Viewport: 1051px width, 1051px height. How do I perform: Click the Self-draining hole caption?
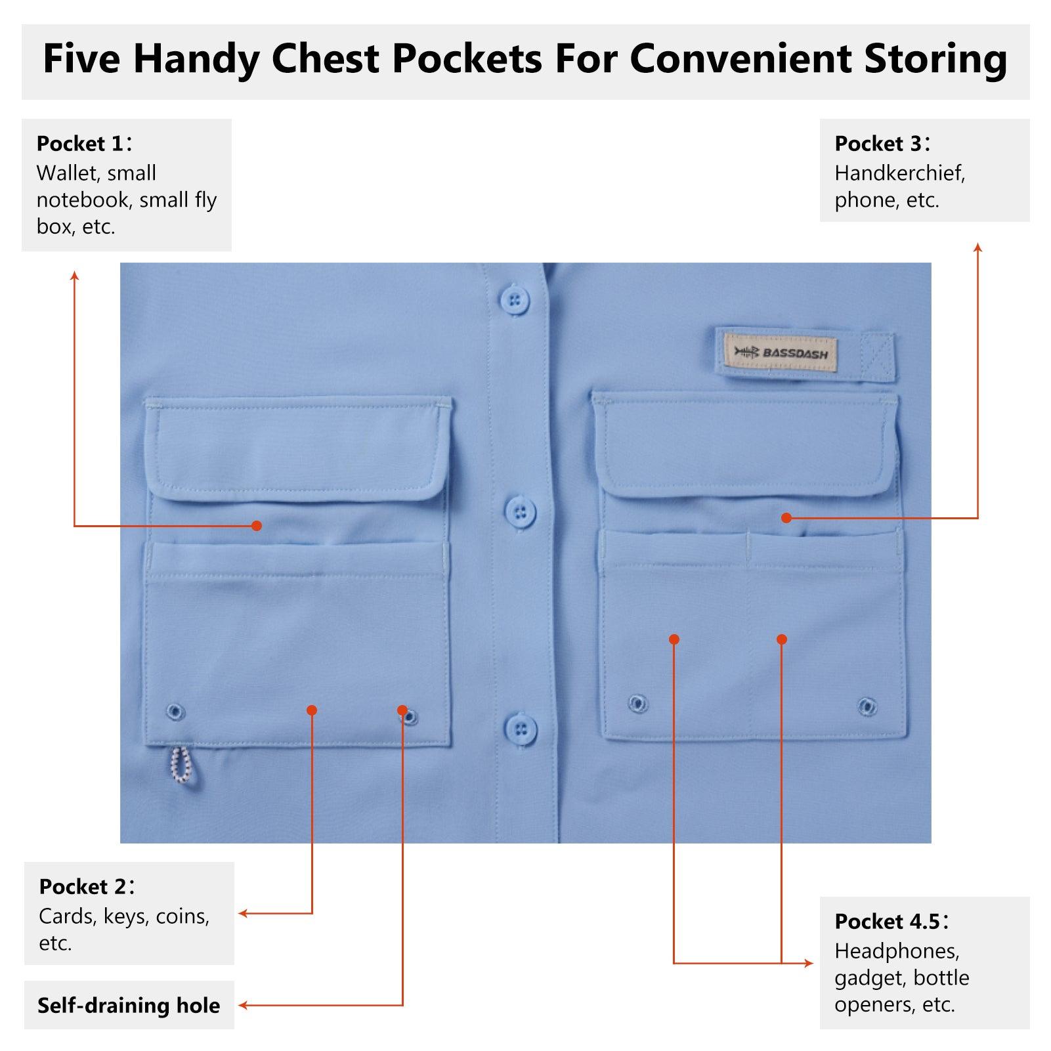(x=129, y=1005)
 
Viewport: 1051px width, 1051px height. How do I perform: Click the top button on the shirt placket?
(x=515, y=301)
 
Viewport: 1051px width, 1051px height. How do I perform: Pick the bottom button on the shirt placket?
(x=521, y=729)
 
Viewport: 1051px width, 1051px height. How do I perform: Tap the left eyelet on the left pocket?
(x=175, y=712)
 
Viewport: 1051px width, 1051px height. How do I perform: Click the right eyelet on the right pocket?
(x=867, y=706)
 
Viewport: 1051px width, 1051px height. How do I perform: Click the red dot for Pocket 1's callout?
(x=257, y=526)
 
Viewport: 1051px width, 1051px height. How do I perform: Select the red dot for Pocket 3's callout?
(x=786, y=518)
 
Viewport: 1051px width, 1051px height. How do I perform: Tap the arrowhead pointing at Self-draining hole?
(x=242, y=1005)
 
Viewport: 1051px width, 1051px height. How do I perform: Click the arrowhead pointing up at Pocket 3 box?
(x=977, y=247)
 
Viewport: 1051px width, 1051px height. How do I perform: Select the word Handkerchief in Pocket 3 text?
(x=899, y=173)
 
